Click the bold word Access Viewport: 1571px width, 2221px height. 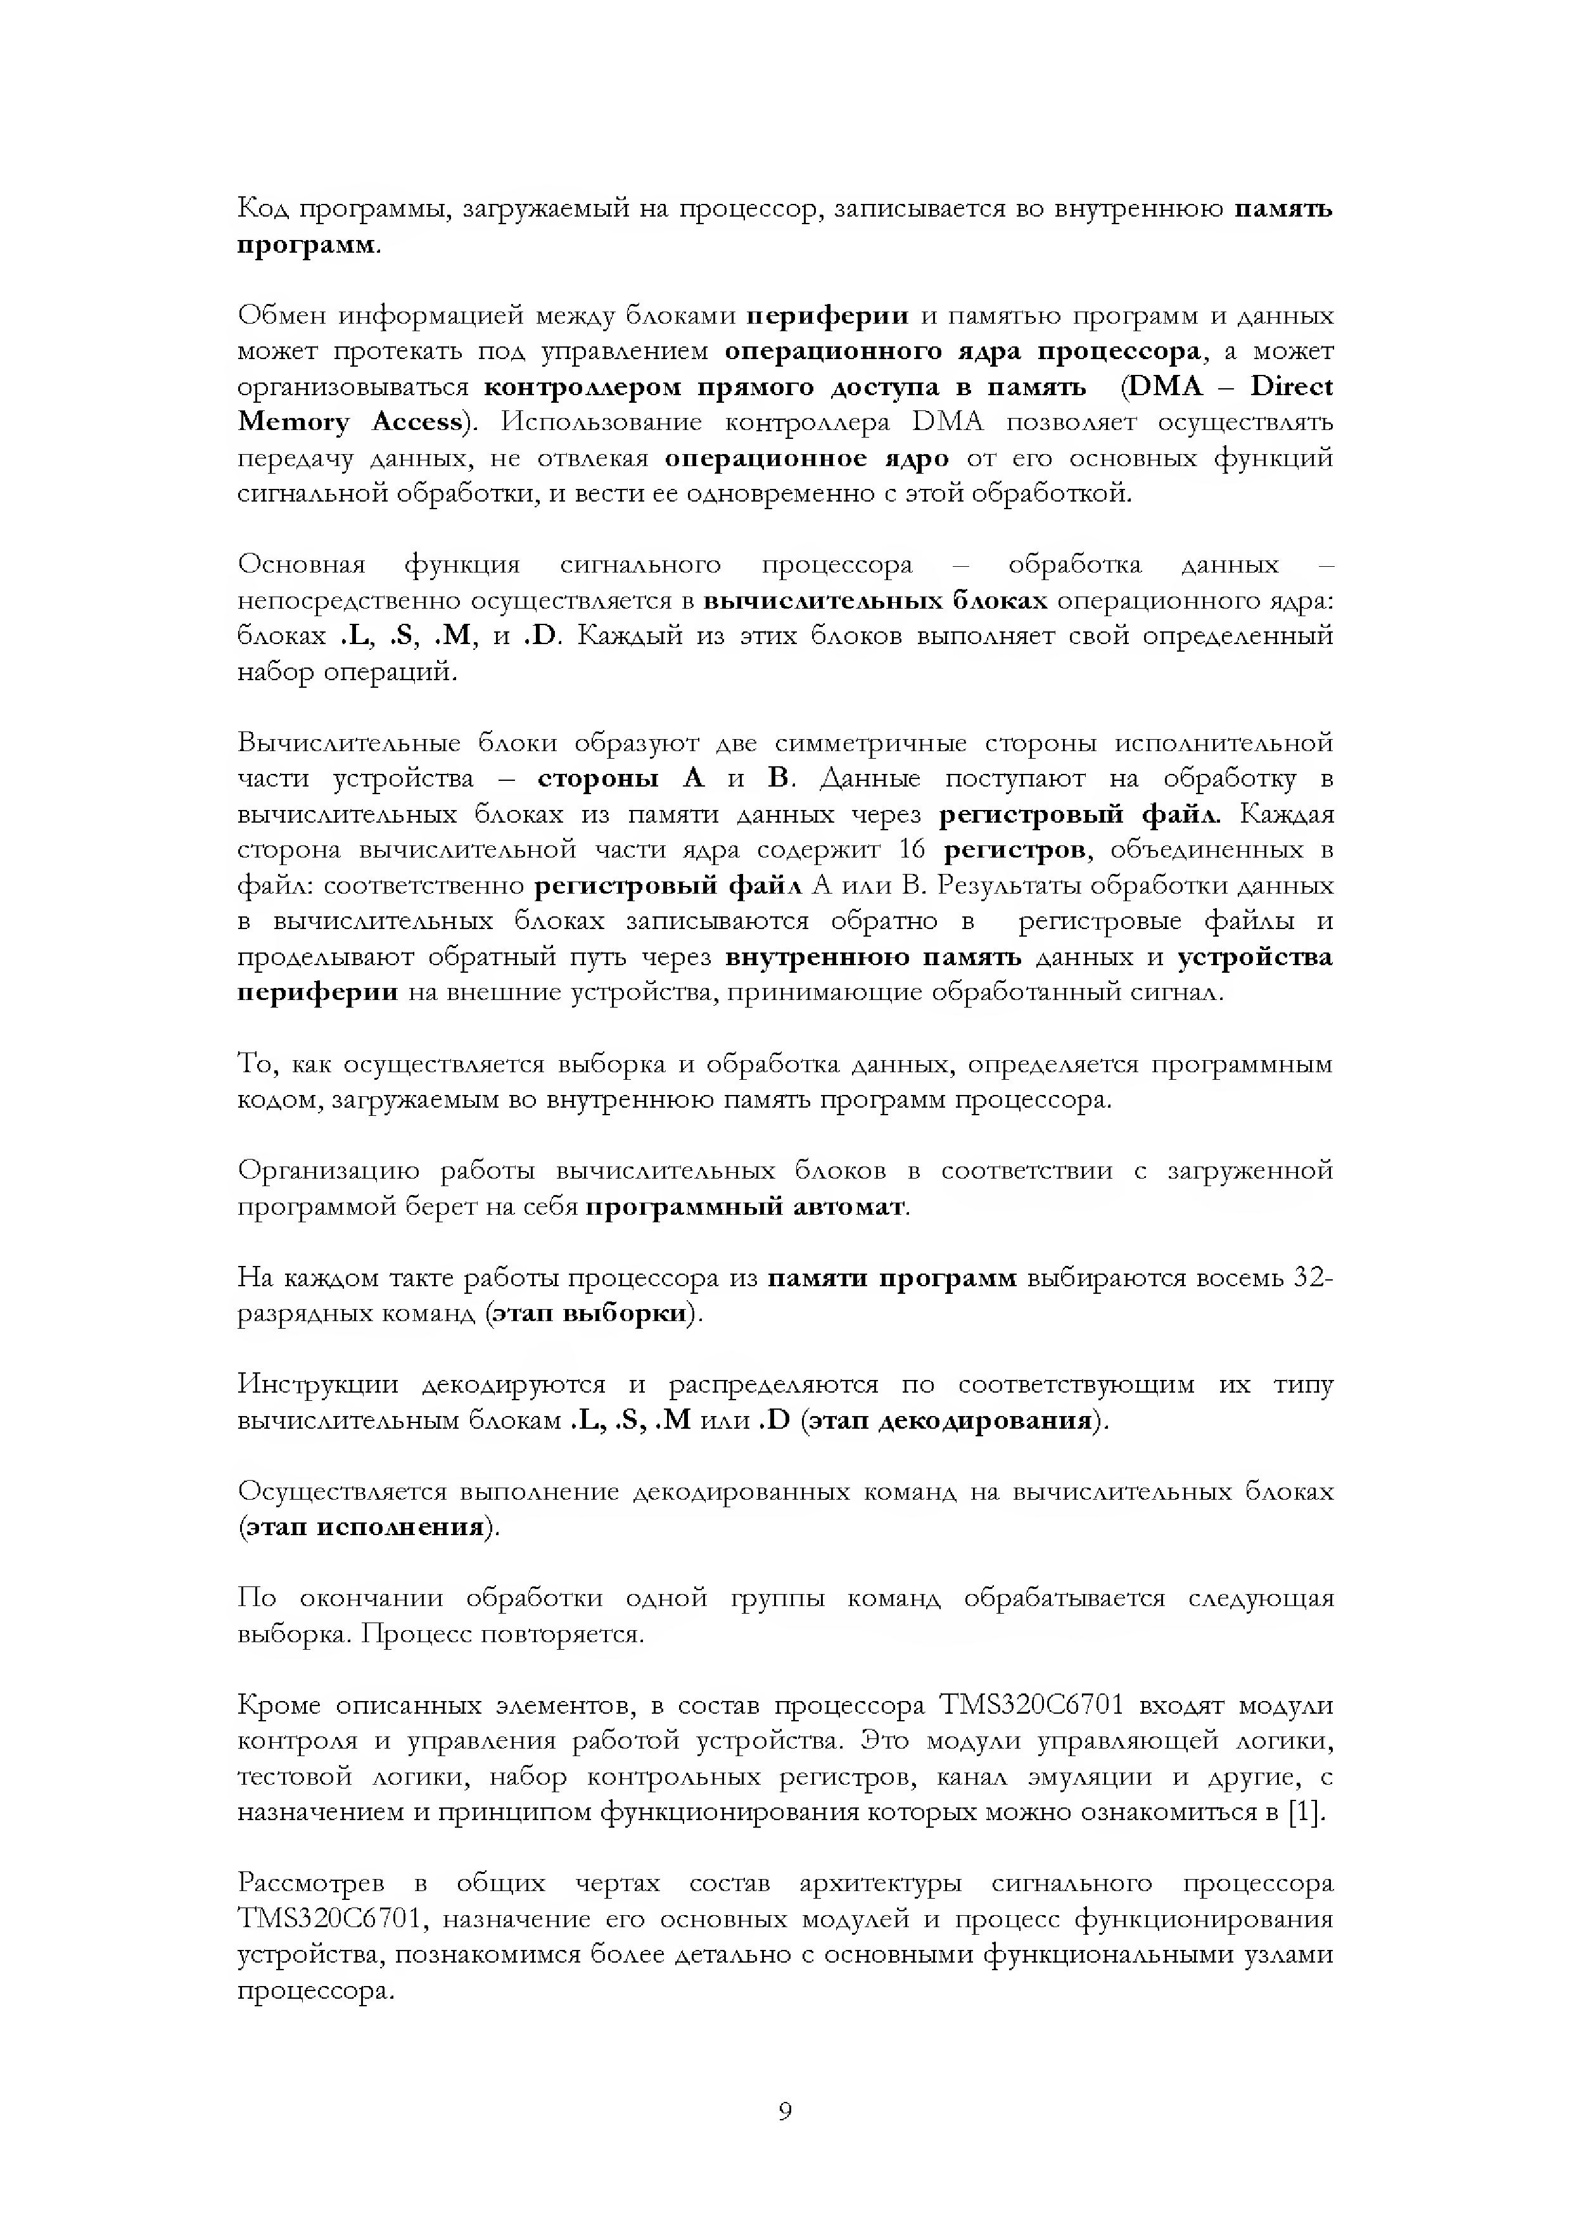pyautogui.click(x=417, y=422)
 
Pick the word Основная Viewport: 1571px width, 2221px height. pyautogui.click(x=301, y=565)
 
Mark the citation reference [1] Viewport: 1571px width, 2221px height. pyautogui.click(x=1307, y=1813)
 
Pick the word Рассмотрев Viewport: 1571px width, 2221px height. pyautogui.click(x=310, y=1884)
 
